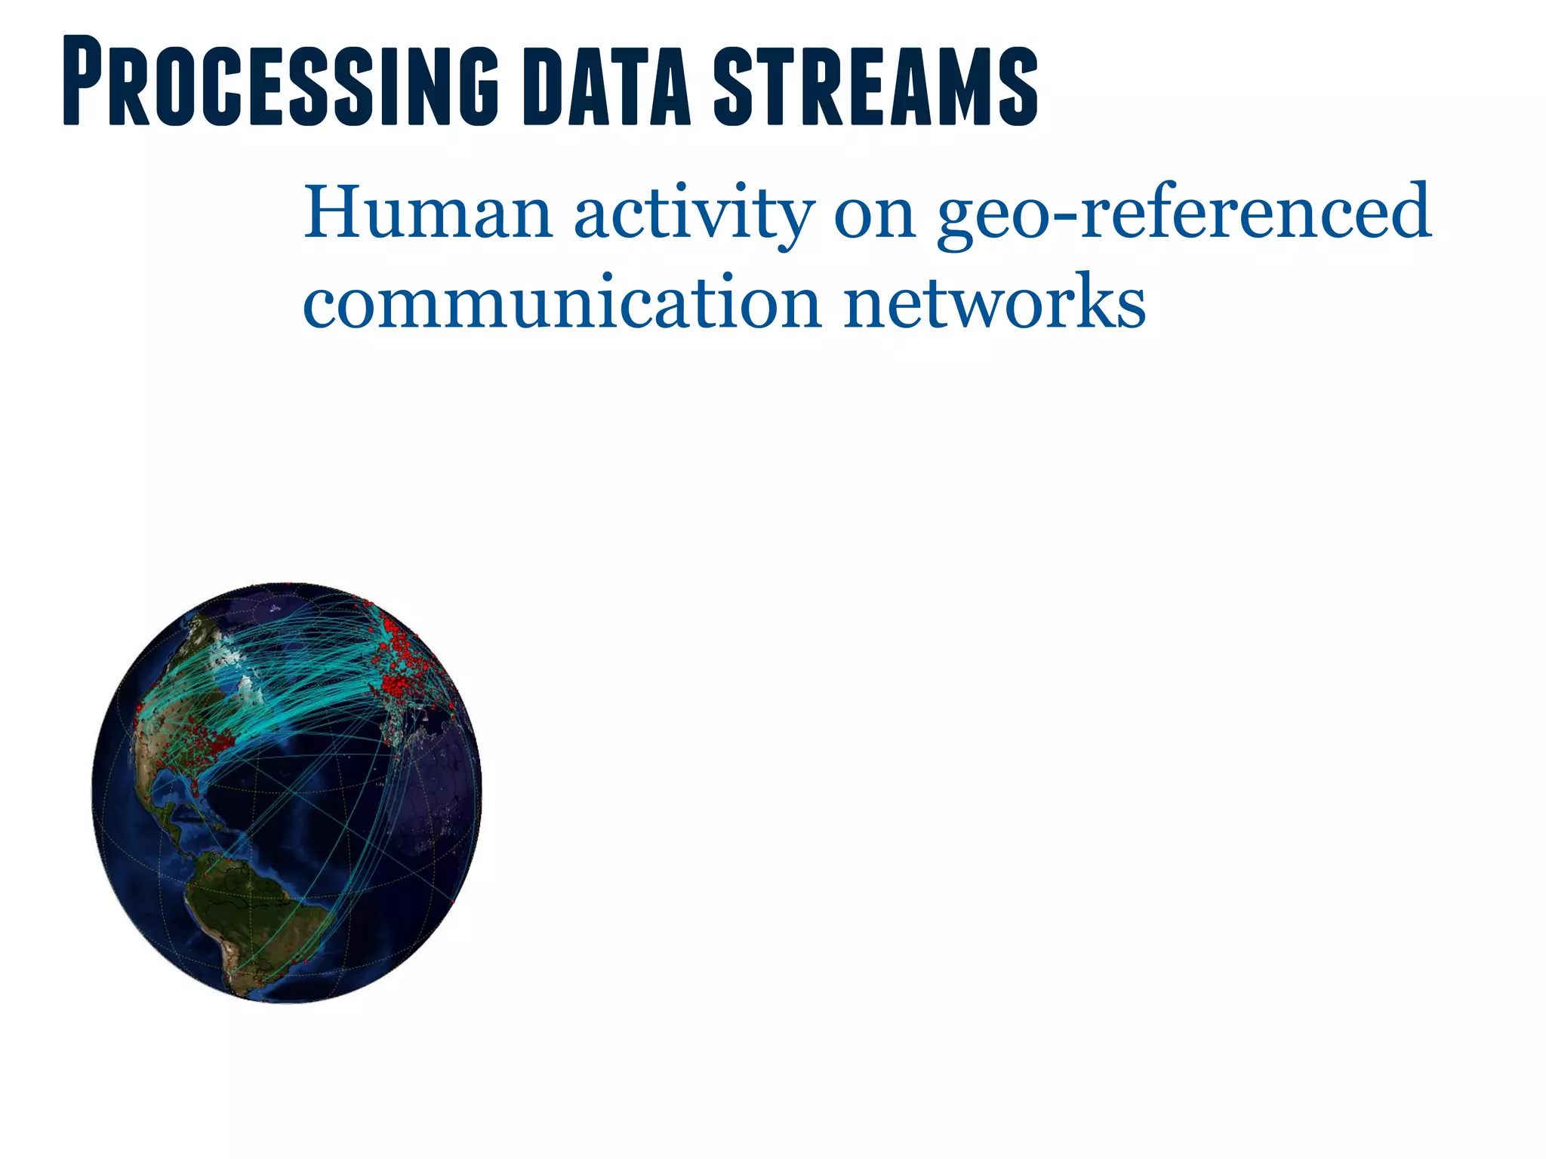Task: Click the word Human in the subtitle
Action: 428,212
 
